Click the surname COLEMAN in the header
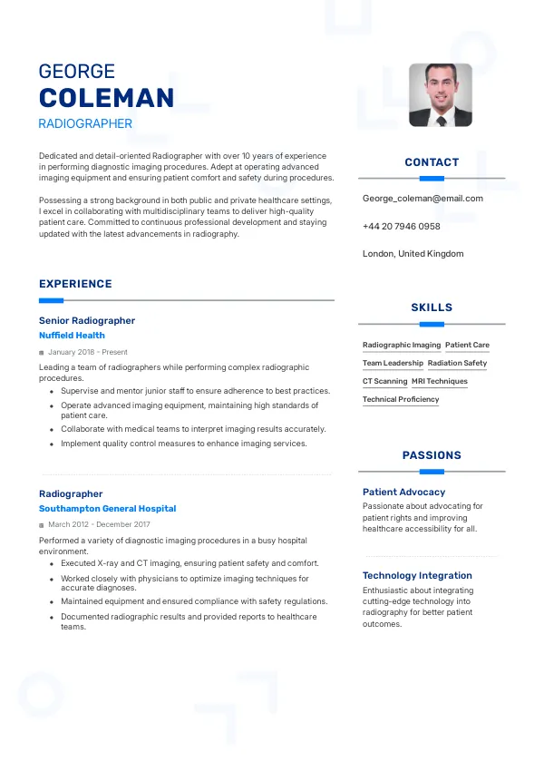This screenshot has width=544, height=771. (106, 98)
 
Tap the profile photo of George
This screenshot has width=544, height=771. (441, 94)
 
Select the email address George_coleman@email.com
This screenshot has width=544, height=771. (423, 199)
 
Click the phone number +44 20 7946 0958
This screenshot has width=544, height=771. (401, 226)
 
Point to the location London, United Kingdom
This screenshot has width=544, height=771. (413, 254)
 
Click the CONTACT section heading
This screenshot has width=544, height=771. (432, 162)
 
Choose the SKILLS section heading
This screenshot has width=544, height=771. (432, 307)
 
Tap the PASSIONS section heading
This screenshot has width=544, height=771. (432, 455)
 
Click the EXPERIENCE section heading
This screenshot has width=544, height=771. (75, 284)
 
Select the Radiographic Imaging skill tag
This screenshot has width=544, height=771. (402, 346)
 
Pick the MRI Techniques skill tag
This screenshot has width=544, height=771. (440, 382)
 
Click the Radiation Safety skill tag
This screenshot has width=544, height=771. (457, 364)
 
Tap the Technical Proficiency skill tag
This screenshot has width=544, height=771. (401, 400)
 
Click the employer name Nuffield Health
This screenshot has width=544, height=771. (72, 336)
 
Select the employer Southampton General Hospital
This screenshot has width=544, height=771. (107, 509)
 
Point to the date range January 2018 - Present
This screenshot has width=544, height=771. (88, 352)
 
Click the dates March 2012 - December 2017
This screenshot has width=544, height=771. (99, 524)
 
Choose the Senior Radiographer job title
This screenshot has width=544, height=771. (87, 320)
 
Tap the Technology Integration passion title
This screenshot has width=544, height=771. (417, 575)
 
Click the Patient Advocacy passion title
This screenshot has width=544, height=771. (403, 492)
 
